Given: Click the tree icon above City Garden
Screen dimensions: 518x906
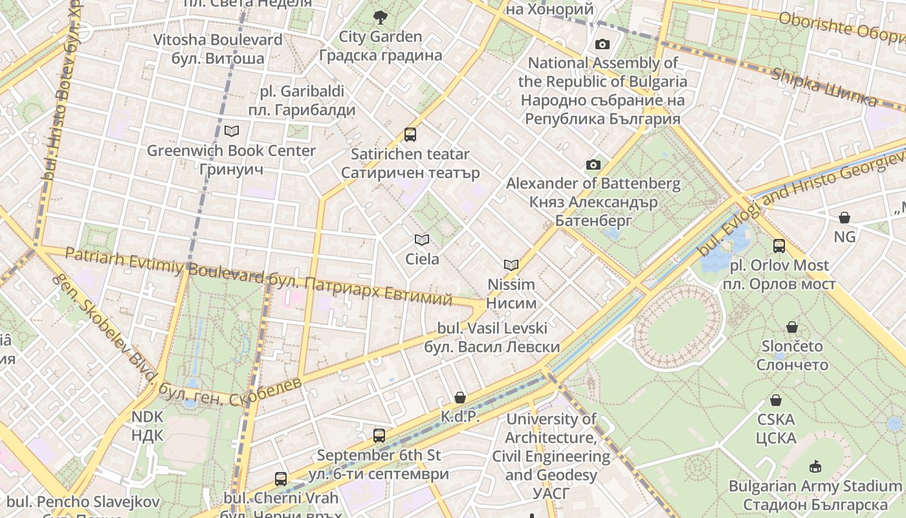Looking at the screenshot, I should pyautogui.click(x=380, y=17).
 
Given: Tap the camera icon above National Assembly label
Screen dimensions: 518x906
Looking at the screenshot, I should pyautogui.click(x=602, y=44).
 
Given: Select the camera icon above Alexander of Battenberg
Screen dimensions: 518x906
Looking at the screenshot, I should pyautogui.click(x=593, y=164).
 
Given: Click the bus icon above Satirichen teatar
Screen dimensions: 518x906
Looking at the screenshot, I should pyautogui.click(x=410, y=135).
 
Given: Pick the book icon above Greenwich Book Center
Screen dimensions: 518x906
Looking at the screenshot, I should pyautogui.click(x=231, y=131).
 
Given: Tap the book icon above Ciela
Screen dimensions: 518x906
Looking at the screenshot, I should pyautogui.click(x=422, y=240).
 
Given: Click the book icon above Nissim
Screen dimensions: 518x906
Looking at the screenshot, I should pyautogui.click(x=511, y=265).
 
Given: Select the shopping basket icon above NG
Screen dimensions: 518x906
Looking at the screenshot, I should pyautogui.click(x=845, y=218).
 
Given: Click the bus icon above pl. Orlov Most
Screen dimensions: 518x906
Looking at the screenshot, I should pyautogui.click(x=779, y=246).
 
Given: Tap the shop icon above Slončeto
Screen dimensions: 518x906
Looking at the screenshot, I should pyautogui.click(x=792, y=327).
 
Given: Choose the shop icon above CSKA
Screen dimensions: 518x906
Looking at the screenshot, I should pyautogui.click(x=776, y=400).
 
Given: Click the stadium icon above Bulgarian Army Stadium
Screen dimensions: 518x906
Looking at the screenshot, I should pyautogui.click(x=815, y=466).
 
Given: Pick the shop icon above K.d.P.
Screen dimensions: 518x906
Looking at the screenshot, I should pyautogui.click(x=460, y=397).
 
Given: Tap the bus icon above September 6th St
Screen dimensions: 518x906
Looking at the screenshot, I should pyautogui.click(x=379, y=436).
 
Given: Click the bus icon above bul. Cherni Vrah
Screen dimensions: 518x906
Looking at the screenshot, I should pyautogui.click(x=280, y=479).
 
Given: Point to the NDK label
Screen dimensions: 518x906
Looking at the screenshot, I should pyautogui.click(x=148, y=425).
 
